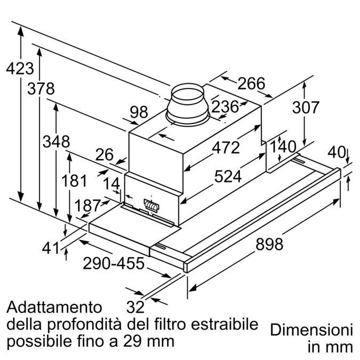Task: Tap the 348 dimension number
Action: pos(56,142)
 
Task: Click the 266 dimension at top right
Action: pos(251,84)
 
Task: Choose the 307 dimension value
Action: pos(305,107)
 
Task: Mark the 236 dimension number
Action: pos(225,107)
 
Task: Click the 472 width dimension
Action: pos(226,147)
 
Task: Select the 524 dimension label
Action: pos(228,176)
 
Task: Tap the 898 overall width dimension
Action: pos(270,244)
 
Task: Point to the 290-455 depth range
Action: pos(114,263)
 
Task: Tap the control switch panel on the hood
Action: pos(151,204)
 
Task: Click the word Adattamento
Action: pos(54,307)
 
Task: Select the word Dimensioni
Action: pos(311,329)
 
